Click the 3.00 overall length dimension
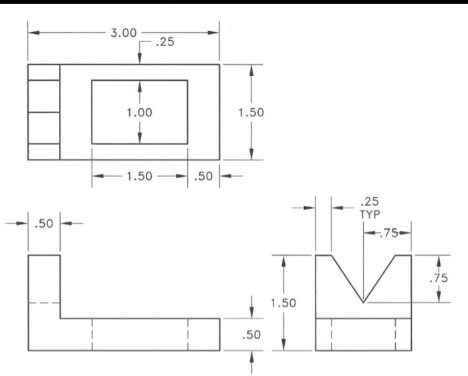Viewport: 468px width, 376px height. (x=124, y=33)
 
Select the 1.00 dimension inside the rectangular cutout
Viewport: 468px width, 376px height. (x=139, y=112)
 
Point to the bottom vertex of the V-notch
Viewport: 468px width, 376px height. (x=363, y=303)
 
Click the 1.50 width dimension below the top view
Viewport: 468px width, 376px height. (x=139, y=176)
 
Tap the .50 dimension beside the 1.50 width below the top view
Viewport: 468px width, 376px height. (x=203, y=176)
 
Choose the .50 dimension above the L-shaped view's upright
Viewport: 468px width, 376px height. (x=44, y=223)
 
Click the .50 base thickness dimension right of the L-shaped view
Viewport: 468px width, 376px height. (x=251, y=335)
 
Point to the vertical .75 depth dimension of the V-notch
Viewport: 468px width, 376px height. (x=439, y=278)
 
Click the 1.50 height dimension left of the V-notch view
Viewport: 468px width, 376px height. (x=283, y=303)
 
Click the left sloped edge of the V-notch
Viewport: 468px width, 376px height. (x=348, y=279)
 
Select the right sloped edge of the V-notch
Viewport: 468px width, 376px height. (x=379, y=279)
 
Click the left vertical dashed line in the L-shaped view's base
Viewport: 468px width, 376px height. (x=92, y=334)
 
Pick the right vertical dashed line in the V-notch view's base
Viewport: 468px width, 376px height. (x=395, y=334)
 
